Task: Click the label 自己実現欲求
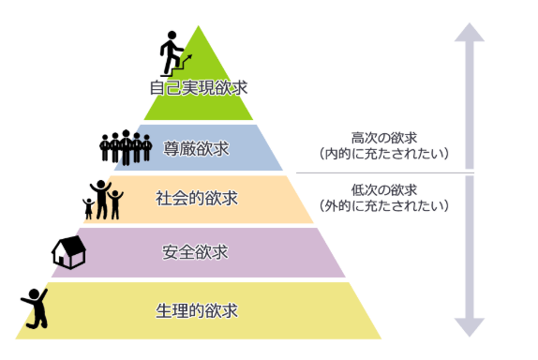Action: [x=199, y=88]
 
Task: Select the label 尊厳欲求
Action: [x=196, y=149]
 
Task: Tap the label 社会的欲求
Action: [x=197, y=199]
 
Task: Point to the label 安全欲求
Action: [x=195, y=252]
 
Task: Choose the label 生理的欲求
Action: [x=197, y=310]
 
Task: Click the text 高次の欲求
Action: [x=384, y=138]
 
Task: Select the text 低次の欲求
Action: [x=384, y=189]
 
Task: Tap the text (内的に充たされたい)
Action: [x=384, y=154]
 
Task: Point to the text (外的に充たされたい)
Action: [x=384, y=206]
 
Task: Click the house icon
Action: [x=69, y=252]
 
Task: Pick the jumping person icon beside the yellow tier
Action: [x=35, y=308]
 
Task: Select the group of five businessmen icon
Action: [x=126, y=147]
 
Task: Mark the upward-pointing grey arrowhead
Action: [x=470, y=33]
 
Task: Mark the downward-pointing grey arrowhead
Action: [x=470, y=327]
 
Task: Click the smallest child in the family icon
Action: [x=88, y=209]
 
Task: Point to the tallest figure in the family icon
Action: [x=101, y=200]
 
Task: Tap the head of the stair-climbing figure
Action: [x=172, y=35]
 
